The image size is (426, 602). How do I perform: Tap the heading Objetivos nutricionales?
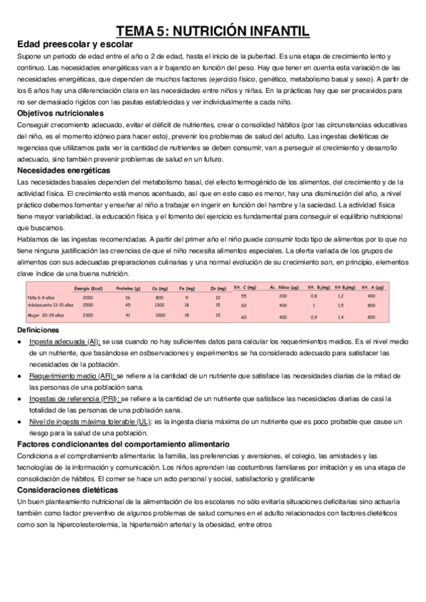pos(60,113)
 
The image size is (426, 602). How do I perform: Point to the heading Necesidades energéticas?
pos(63,170)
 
